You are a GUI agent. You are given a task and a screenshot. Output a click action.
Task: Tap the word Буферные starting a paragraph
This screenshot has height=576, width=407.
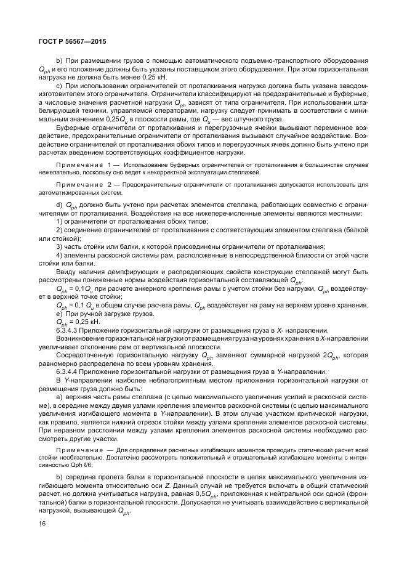(x=72, y=126)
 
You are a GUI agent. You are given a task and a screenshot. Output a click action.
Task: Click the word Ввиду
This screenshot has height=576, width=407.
(x=66, y=272)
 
